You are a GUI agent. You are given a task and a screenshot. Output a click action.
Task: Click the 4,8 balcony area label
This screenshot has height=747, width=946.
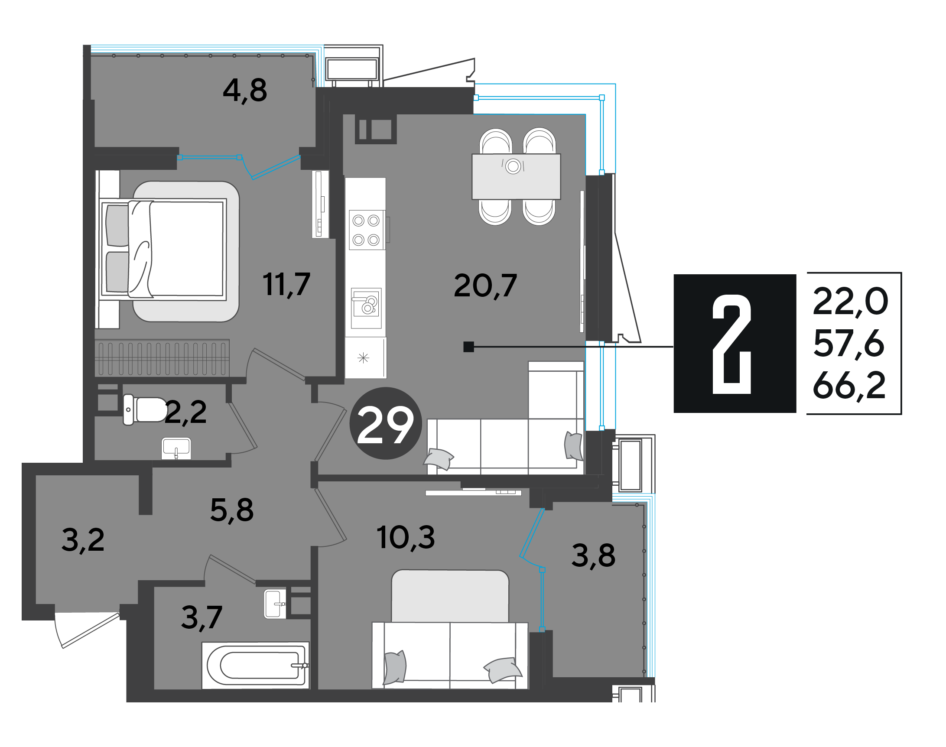[x=244, y=91]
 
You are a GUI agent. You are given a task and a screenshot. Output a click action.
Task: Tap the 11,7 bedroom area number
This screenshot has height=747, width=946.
[x=286, y=284]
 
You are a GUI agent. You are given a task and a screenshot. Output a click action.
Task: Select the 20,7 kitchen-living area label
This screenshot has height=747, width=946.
[x=485, y=286]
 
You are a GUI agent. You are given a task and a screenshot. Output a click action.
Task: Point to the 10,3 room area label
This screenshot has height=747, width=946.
[x=406, y=538]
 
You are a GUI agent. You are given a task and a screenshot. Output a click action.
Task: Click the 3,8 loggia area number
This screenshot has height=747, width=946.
[x=593, y=556]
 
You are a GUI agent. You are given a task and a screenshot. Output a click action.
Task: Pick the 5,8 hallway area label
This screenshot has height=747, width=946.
[x=232, y=510]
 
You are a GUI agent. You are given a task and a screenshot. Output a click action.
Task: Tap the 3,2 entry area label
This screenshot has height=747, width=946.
[x=83, y=541]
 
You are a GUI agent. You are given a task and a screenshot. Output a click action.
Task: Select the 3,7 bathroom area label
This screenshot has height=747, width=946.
[x=202, y=618]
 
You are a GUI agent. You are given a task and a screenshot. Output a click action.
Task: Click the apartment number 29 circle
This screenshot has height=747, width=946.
[x=385, y=423]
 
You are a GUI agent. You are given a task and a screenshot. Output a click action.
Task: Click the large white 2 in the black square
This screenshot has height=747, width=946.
[x=731, y=344]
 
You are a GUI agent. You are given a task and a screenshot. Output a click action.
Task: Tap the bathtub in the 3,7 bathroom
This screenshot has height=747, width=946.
[x=255, y=665]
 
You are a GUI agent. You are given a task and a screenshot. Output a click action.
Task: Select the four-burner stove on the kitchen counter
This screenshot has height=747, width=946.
[x=367, y=230]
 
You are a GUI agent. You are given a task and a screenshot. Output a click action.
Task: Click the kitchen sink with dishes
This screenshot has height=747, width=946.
[x=366, y=308]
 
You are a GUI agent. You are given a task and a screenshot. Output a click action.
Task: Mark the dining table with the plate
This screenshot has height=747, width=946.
[x=516, y=176]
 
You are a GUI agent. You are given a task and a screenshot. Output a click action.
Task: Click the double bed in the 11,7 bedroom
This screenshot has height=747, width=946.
[x=163, y=249]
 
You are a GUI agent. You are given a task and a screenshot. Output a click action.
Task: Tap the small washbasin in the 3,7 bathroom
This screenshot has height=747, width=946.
[x=275, y=604]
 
